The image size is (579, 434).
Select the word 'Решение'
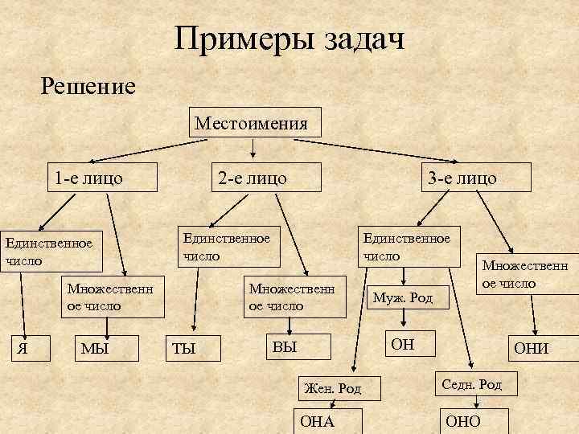(x=88, y=84)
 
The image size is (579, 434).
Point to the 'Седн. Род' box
(x=474, y=385)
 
